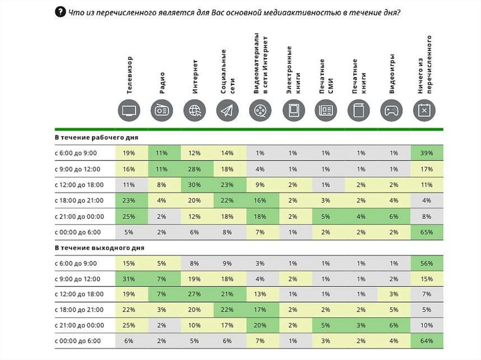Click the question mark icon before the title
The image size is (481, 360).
click(60, 12)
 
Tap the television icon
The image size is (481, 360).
click(129, 111)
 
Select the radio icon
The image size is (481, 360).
click(162, 111)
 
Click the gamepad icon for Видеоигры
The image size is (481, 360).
click(391, 111)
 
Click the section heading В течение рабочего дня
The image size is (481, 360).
click(96, 138)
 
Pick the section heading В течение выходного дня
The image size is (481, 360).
click(99, 247)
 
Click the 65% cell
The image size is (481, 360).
click(427, 232)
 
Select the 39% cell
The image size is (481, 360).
click(427, 153)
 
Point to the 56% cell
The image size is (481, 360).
click(427, 263)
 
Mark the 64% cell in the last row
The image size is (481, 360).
click(427, 341)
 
